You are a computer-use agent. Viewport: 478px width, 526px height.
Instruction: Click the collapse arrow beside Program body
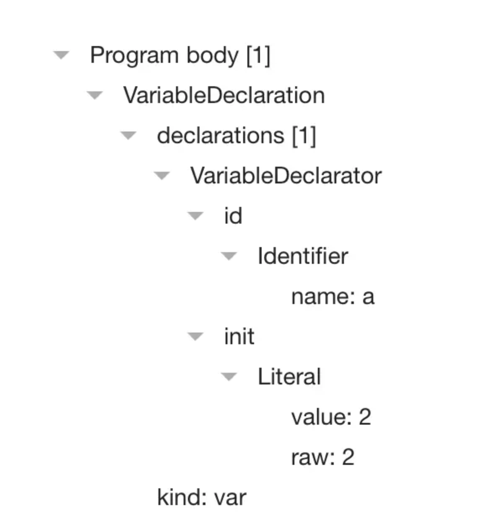coord(61,55)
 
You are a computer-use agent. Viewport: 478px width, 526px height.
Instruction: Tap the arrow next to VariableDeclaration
coord(95,95)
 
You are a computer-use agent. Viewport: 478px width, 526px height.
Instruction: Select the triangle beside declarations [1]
coord(128,136)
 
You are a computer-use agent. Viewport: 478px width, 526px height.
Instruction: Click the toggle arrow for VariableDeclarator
coord(162,176)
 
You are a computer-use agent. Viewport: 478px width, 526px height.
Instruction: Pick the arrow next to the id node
coord(195,216)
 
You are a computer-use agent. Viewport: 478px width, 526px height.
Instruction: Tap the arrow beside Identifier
coord(229,256)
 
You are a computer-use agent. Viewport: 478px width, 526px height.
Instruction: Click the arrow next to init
coord(195,337)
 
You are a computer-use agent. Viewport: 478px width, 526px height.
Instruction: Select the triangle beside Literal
coord(229,377)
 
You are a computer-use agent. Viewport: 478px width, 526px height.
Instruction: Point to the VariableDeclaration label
coord(224,95)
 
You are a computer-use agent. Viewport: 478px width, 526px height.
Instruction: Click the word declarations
coord(221,136)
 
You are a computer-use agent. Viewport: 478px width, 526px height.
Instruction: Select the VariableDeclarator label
coord(286,176)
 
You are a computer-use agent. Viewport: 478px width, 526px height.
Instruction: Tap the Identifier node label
coord(303,256)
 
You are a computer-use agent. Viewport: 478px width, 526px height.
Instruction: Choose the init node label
coord(239,336)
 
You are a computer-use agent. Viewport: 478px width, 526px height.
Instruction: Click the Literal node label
coord(289,376)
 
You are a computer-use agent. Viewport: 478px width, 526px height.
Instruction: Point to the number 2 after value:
coord(365,417)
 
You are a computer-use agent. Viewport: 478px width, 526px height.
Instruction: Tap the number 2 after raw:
coord(348,457)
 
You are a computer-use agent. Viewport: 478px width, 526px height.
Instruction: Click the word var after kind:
coord(230,498)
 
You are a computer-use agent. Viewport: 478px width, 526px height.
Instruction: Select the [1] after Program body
coord(258,56)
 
